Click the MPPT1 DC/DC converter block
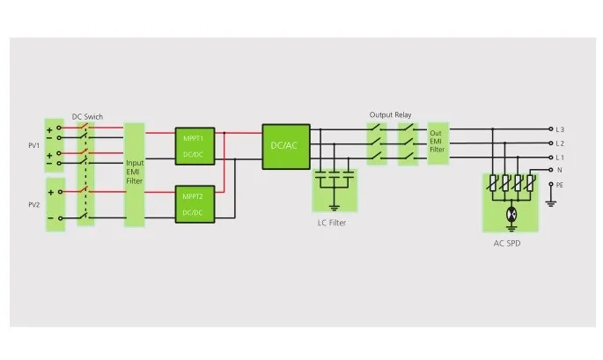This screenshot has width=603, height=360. (x=195, y=146)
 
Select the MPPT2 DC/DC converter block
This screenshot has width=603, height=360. (x=195, y=204)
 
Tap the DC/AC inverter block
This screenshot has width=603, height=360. (x=286, y=146)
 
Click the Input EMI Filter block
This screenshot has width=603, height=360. (x=134, y=174)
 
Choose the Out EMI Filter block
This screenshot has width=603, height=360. (x=438, y=143)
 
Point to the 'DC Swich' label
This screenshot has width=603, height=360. (x=87, y=116)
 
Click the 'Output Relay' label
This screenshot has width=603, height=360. (x=390, y=114)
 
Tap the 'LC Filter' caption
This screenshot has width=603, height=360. (x=332, y=223)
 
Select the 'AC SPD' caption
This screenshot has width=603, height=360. (x=507, y=244)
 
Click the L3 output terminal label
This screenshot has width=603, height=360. (x=560, y=129)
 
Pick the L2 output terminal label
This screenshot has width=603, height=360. (x=560, y=143)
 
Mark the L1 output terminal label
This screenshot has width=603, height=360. (x=560, y=158)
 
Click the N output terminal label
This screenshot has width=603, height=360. (x=560, y=170)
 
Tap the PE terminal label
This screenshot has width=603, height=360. (x=560, y=185)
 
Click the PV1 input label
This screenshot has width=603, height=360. (x=33, y=145)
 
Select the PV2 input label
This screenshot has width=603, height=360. (x=33, y=204)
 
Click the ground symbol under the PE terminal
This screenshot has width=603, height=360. (x=551, y=202)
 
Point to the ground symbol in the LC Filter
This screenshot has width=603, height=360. (x=335, y=208)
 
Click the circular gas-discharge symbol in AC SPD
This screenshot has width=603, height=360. (x=511, y=214)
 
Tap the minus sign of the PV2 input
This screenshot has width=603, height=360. (x=50, y=218)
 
